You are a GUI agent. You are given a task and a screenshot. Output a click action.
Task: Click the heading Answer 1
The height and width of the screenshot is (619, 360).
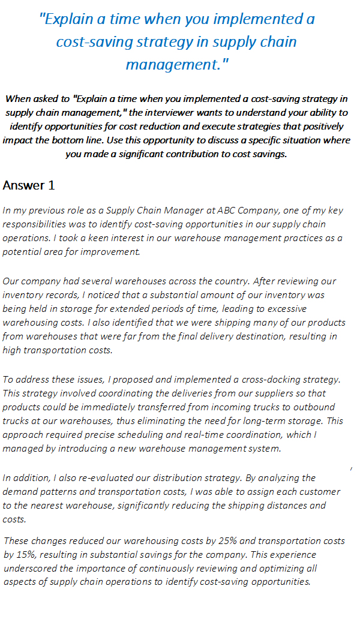(x=29, y=185)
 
